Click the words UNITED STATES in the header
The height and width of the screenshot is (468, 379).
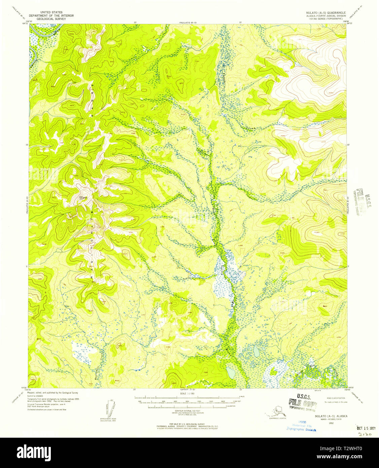pos(51,12)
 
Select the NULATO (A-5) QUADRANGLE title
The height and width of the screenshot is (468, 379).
pos(324,12)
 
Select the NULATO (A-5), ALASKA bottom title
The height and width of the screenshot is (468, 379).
pos(331,416)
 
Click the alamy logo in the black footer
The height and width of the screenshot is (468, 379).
pos(34,452)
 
